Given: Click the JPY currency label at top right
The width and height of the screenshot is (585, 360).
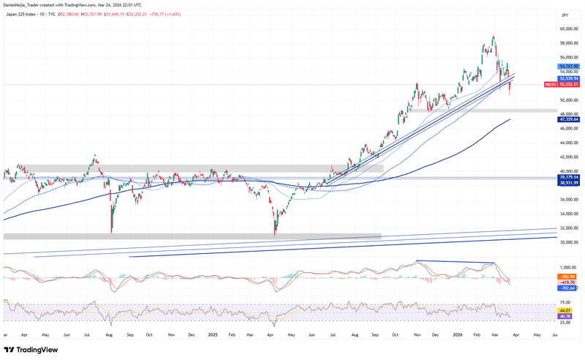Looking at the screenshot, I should pyautogui.click(x=564, y=14).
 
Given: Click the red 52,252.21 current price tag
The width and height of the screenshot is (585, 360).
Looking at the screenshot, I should pyautogui.click(x=569, y=85).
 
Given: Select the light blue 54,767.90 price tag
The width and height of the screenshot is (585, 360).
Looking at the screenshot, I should pyautogui.click(x=569, y=66).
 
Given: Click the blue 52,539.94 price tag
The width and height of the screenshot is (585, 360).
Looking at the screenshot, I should pyautogui.click(x=569, y=78).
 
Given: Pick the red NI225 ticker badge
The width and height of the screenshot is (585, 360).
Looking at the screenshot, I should pyautogui.click(x=551, y=85).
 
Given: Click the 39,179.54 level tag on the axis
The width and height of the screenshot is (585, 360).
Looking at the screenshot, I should pyautogui.click(x=569, y=177).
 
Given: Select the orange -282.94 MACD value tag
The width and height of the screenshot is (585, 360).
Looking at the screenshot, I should pyautogui.click(x=569, y=277).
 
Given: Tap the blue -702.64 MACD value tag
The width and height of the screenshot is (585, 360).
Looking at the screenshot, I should pyautogui.click(x=569, y=289).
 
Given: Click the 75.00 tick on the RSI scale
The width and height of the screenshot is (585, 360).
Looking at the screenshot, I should pyautogui.click(x=565, y=301).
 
